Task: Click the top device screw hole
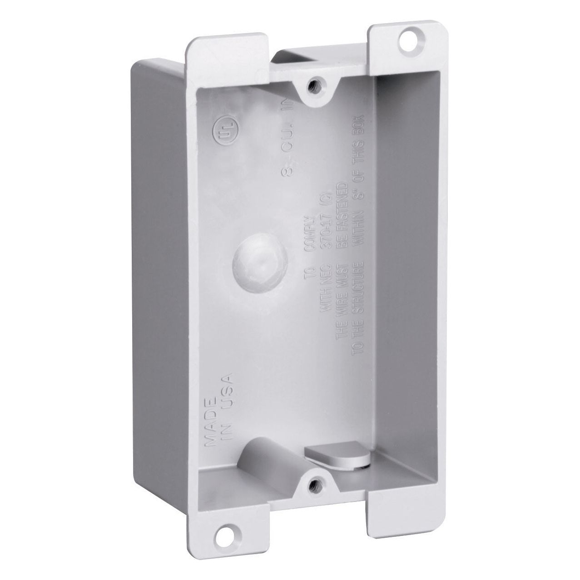point(312,84)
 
